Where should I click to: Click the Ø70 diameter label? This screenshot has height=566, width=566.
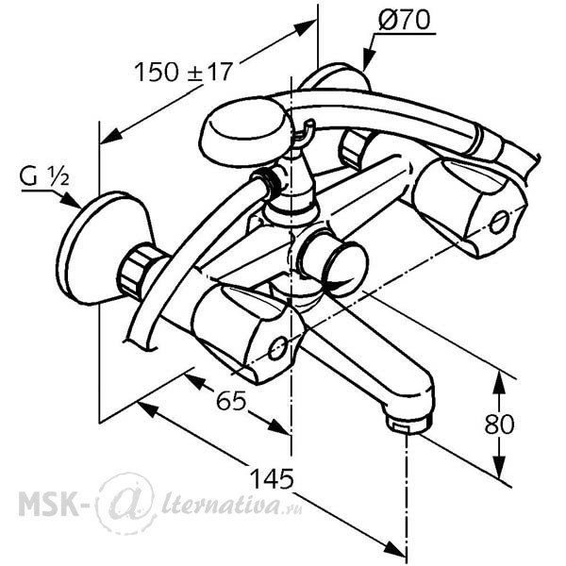pos(405,20)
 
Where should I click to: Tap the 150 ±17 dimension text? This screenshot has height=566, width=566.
pos(182,71)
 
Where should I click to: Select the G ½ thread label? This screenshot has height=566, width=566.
pos(44,177)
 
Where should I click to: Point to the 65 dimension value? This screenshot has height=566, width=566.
pos(231,400)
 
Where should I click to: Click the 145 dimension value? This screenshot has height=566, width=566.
pos(272,479)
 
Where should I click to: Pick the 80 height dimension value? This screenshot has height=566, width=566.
pos(499,424)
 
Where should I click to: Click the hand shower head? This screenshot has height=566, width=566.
pos(244,134)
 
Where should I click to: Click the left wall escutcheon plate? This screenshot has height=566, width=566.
pos(105,249)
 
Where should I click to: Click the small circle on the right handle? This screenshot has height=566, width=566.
pos(499,223)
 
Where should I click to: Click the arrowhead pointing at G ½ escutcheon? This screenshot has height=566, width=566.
pos(70,200)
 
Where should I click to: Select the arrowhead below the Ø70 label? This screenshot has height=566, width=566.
pos(368,59)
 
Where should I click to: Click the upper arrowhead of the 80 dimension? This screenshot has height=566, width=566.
pos(499,383)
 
